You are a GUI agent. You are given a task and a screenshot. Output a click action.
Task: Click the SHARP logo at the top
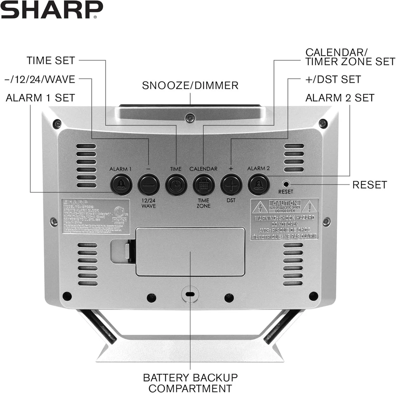[51, 10]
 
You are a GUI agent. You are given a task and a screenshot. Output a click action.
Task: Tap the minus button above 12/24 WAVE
[148, 185]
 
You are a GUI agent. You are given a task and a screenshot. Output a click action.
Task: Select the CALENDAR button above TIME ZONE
[204, 185]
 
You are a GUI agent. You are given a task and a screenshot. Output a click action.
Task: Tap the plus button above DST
[231, 185]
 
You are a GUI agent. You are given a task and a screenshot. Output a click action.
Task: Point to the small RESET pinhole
[285, 184]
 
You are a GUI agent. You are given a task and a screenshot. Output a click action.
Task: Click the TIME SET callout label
[51, 61]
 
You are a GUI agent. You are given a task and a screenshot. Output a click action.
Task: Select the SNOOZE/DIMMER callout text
[190, 85]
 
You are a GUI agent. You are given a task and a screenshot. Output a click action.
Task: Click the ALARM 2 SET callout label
[340, 98]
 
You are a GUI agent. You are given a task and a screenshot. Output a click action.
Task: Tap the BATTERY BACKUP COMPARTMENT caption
[190, 382]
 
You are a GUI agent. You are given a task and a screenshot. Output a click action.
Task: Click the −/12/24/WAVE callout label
[40, 79]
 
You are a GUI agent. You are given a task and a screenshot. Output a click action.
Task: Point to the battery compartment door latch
[127, 251]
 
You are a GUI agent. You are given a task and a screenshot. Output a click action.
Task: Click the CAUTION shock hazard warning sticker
[284, 219]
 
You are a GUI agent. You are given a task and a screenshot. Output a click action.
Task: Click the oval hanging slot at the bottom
[190, 295]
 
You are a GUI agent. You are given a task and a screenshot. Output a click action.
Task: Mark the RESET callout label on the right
[370, 185]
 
